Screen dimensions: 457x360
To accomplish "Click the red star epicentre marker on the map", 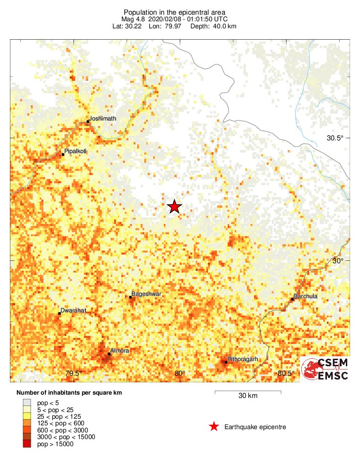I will (x=174, y=207).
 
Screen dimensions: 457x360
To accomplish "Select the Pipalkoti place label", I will (x=76, y=152).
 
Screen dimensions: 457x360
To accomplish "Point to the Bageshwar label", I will (x=146, y=294).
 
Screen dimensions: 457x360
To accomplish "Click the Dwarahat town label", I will (x=73, y=310).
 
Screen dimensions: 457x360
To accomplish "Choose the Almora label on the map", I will (x=119, y=351).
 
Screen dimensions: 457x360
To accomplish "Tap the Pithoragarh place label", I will (x=242, y=359).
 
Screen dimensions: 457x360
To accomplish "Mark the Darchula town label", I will (x=305, y=296).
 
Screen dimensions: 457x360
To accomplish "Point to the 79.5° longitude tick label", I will (x=74, y=374).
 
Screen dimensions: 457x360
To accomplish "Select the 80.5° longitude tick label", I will (x=286, y=374).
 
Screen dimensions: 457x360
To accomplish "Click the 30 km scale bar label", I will (x=248, y=396).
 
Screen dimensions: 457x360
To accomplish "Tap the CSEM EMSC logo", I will (x=326, y=369).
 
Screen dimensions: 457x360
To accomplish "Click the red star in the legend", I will (x=214, y=427).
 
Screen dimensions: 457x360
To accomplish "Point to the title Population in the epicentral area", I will (x=174, y=12).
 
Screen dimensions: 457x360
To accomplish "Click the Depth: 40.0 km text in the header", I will (x=213, y=26).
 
